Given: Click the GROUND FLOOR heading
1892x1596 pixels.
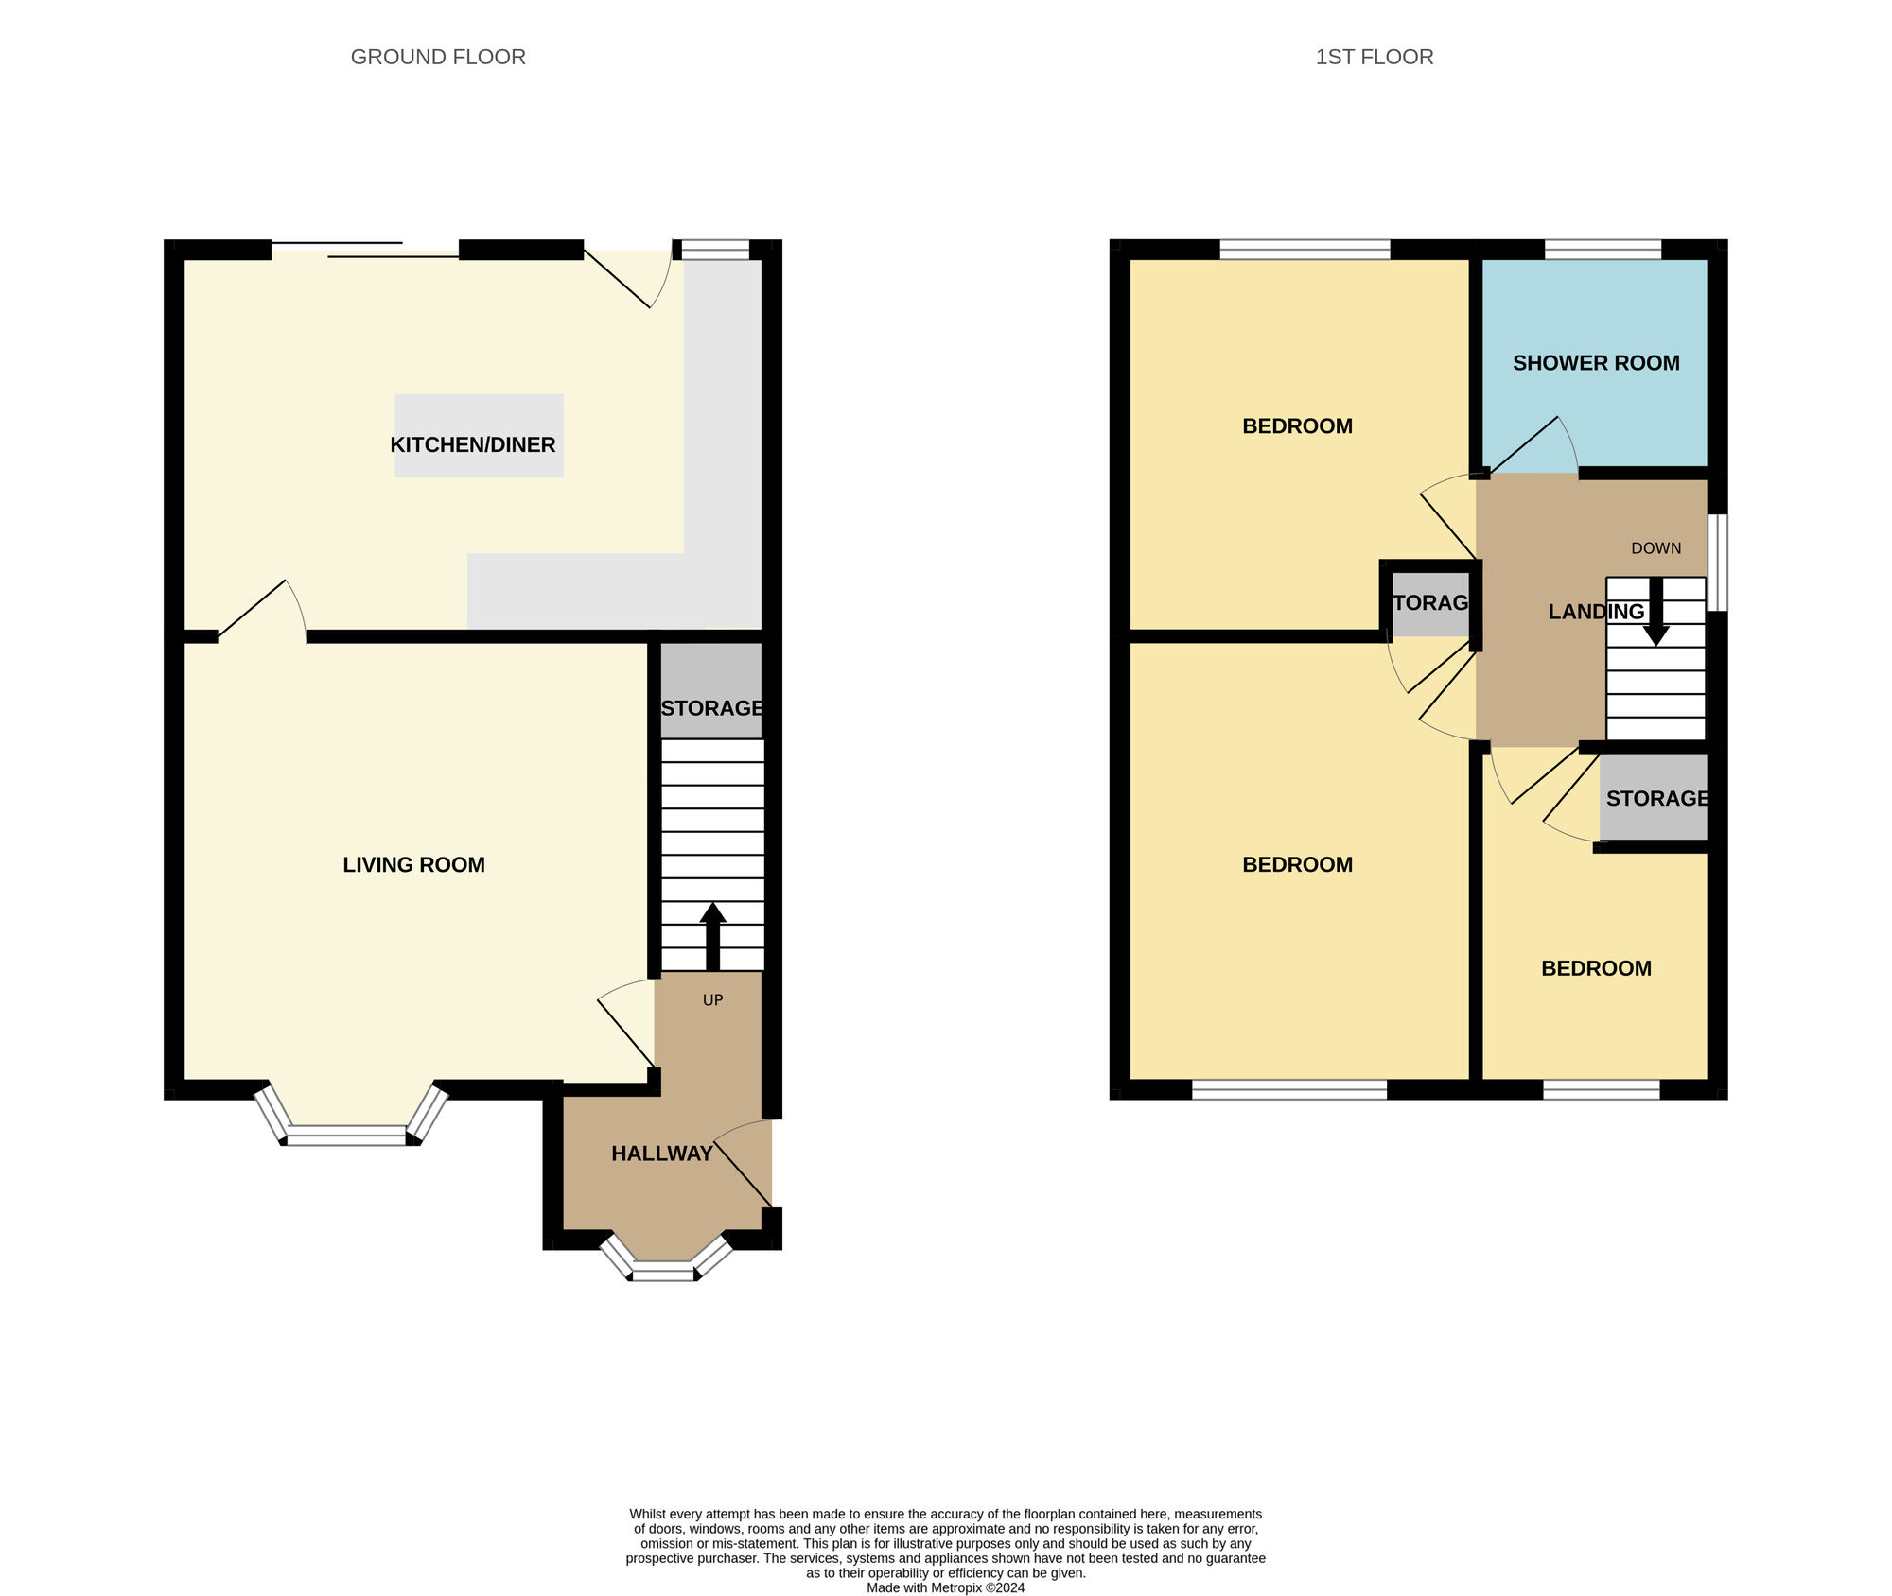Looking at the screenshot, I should point(438,57).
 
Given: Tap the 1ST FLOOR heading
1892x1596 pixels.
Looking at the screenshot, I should point(1374,57).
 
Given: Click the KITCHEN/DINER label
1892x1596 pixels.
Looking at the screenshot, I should point(472,444).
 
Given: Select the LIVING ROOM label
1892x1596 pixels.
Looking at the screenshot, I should point(413,864).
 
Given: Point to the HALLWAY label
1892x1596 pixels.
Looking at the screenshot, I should point(661,1154).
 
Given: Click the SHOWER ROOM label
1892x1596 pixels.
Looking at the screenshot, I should point(1595,363).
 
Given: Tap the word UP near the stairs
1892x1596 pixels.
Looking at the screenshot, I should point(712,1000).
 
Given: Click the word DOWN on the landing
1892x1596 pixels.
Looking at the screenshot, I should point(1655,548).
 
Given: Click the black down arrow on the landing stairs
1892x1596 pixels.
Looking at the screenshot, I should point(1655,613).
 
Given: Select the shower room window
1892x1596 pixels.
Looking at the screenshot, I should point(1603,250).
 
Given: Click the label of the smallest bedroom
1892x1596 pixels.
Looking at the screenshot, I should point(1595,968).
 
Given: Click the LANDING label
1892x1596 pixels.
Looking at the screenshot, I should point(1595,612).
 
